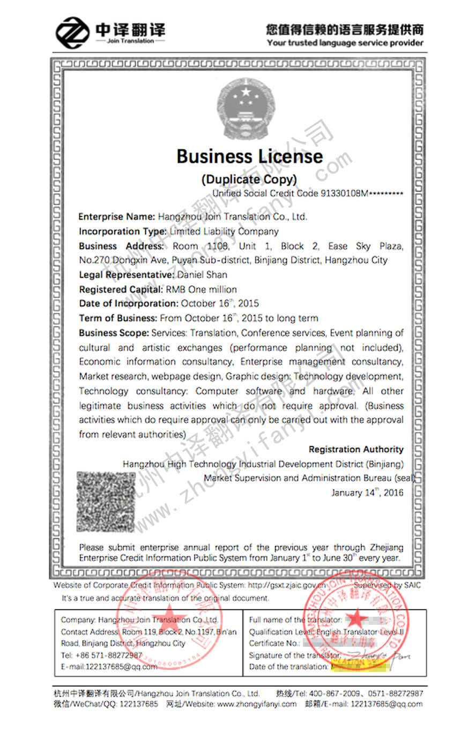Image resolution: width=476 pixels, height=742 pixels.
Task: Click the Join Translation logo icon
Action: tap(72, 33)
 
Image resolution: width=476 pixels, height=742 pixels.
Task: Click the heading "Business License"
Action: tap(250, 156)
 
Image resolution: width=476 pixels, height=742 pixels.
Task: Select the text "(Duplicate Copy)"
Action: tap(249, 179)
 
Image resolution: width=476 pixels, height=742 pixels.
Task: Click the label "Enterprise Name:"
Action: tap(117, 217)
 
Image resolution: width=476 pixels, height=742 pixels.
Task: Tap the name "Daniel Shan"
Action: tap(202, 275)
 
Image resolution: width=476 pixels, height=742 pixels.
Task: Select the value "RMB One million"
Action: tap(201, 289)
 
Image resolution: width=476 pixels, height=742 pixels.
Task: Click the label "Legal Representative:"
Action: tap(127, 275)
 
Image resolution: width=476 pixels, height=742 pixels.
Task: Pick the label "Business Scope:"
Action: tap(114, 332)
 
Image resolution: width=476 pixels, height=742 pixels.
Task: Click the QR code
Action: tap(105, 502)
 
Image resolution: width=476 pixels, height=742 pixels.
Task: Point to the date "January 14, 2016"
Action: tap(367, 493)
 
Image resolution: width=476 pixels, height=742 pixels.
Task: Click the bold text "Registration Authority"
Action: tap(356, 449)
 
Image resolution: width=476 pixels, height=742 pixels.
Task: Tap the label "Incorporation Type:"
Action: tap(123, 231)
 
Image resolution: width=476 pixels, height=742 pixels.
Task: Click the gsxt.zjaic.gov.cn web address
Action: tap(287, 585)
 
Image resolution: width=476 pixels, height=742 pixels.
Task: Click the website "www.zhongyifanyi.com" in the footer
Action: tap(257, 704)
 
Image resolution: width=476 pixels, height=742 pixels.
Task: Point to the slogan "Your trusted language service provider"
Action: tap(345, 43)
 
